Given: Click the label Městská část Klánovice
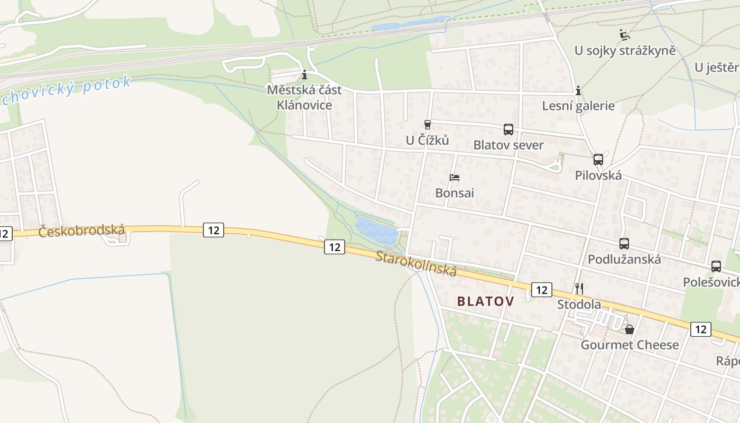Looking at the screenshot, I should (304, 97).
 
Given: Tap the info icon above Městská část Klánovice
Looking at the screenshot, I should (304, 75).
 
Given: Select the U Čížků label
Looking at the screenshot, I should (427, 140).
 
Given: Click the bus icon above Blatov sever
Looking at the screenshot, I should (508, 129).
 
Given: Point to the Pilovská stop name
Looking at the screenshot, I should (598, 176).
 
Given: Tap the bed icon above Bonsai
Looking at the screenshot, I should (455, 178).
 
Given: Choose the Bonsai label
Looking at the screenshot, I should (455, 193).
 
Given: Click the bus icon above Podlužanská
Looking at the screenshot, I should (624, 244).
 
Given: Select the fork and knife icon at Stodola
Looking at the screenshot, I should (579, 288).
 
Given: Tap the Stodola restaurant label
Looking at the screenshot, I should (579, 305).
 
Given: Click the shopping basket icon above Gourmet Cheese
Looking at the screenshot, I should (630, 329).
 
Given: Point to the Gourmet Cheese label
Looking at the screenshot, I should (630, 345).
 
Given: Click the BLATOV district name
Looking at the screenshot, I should (485, 301).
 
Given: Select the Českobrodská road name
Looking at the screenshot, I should (81, 231).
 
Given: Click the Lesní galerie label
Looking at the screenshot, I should (578, 106).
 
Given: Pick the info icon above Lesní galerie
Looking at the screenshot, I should (578, 91).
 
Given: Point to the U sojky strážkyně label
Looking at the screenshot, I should (625, 51).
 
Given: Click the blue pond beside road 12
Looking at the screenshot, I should (376, 231).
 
